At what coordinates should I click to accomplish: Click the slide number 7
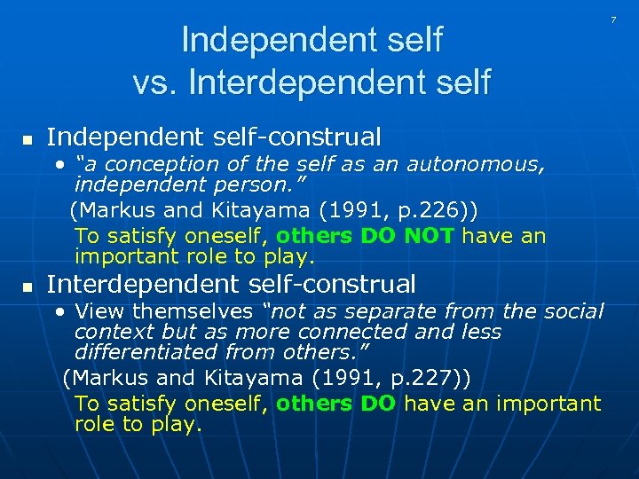pyautogui.click(x=612, y=20)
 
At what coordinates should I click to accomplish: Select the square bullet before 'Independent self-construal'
pyautogui.click(x=28, y=140)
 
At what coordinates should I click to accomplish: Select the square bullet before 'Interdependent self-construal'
pyautogui.click(x=28, y=287)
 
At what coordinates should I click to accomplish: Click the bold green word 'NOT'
pyautogui.click(x=429, y=236)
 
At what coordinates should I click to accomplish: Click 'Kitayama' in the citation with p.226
pyautogui.click(x=248, y=209)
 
